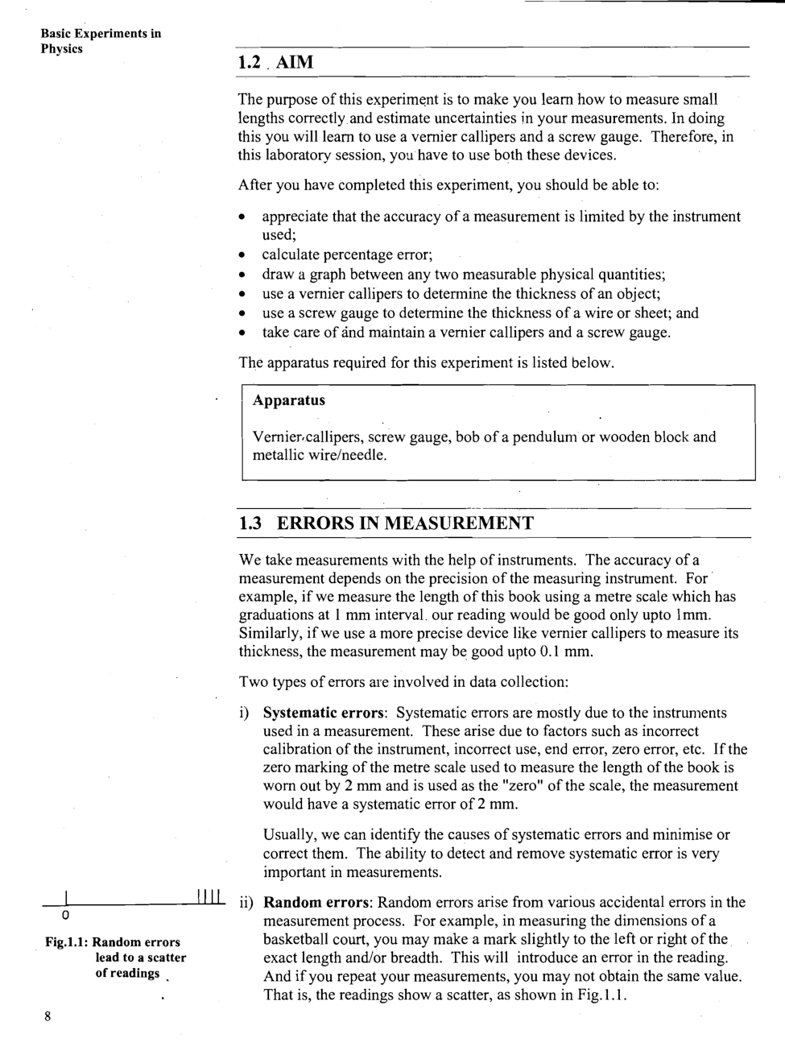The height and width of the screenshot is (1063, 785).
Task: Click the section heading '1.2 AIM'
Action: (275, 62)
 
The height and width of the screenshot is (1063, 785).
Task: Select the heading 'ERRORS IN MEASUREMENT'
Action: (405, 523)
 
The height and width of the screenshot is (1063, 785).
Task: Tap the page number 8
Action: (48, 1016)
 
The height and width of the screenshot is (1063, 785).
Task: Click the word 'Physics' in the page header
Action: (62, 48)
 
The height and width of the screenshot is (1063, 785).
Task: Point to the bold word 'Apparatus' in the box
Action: (289, 400)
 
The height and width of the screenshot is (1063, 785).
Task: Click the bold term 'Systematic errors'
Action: (325, 713)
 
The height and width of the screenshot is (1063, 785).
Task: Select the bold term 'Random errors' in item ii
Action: (316, 902)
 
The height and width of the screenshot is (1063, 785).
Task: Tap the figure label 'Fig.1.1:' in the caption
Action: (67, 942)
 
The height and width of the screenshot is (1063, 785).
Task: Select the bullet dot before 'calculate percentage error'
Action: (242, 256)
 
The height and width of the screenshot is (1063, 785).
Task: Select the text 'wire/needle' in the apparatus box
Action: (345, 456)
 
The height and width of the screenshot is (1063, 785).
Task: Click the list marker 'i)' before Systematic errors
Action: (244, 713)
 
